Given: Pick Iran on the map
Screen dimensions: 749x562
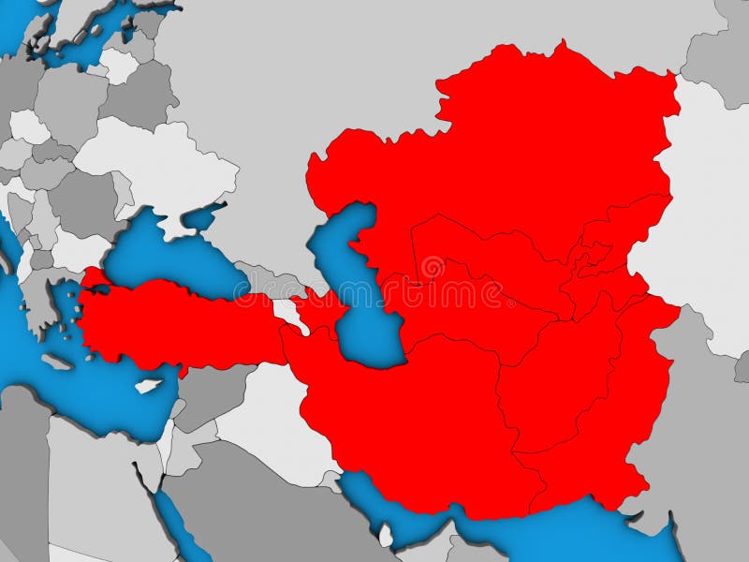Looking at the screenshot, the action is click(x=412, y=412).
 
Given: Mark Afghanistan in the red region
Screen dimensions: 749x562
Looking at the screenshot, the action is click(x=552, y=384).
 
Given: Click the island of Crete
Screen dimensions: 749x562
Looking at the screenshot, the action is click(x=62, y=361).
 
